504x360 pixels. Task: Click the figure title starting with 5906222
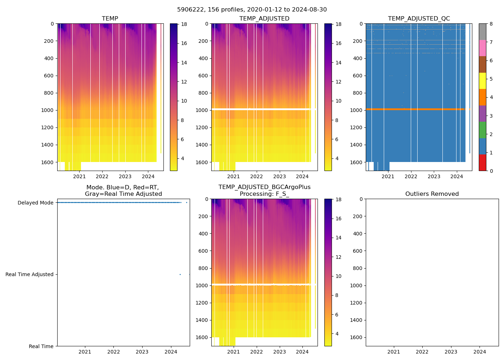(252, 10)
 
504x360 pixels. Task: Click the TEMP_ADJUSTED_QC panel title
(419, 18)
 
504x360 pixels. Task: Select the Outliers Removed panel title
(432, 194)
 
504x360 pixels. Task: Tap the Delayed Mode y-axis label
(35, 203)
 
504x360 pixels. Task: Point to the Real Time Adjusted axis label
(29, 274)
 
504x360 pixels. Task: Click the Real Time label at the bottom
(41, 346)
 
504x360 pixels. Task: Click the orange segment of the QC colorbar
(482, 97)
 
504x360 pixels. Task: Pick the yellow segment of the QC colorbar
(482, 81)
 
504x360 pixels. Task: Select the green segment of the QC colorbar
(482, 130)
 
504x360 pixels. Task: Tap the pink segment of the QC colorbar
(482, 48)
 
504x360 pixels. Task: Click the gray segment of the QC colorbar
(482, 32)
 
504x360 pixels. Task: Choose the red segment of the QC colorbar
(482, 163)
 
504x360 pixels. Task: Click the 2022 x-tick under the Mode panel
(113, 352)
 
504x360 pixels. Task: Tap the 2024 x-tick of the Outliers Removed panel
(480, 352)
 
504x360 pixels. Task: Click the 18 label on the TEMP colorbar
(184, 24)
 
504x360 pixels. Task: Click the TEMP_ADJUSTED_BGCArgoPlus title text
(264, 187)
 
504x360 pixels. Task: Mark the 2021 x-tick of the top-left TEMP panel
(79, 176)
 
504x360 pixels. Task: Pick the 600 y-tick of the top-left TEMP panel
(49, 76)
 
